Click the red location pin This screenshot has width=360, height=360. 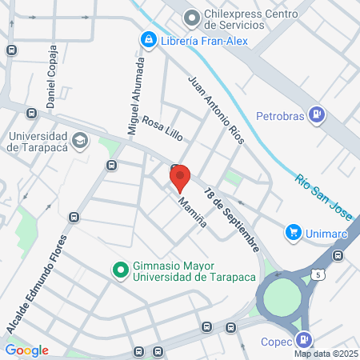pyautogui.click(x=179, y=176)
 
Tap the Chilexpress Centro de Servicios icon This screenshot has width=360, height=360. pyautogui.click(x=191, y=17)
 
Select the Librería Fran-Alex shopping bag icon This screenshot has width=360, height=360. pyautogui.click(x=148, y=39)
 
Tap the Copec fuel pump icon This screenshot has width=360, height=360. pyautogui.click(x=303, y=339)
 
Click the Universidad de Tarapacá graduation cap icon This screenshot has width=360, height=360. pyautogui.click(x=79, y=141)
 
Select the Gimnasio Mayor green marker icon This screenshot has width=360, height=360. pyautogui.click(x=120, y=270)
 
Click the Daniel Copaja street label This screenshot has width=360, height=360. pyautogui.click(x=52, y=77)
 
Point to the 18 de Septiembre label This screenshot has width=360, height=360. pyautogui.click(x=231, y=218)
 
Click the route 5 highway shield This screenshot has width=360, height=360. pyautogui.click(x=318, y=274)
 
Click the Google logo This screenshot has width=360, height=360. pyautogui.click(x=26, y=350)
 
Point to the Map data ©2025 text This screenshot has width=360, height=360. pyautogui.click(x=324, y=354)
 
